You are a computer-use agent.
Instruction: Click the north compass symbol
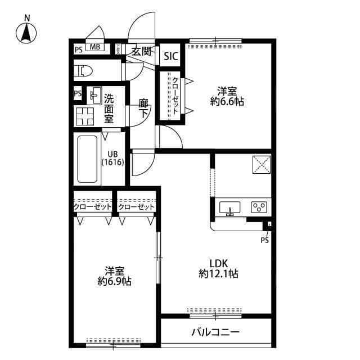(26, 33)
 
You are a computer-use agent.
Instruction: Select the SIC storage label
(171, 56)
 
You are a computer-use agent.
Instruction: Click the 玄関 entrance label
(141, 52)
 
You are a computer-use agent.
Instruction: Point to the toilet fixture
(84, 71)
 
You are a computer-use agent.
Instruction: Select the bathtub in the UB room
(87, 159)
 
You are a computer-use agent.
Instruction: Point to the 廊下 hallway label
(144, 108)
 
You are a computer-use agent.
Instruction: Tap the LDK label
(218, 263)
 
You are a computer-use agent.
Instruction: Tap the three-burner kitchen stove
(259, 208)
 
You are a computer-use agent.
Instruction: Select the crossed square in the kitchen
(262, 165)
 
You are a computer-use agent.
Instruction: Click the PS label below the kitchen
(264, 240)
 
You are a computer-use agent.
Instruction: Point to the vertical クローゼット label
(175, 96)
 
